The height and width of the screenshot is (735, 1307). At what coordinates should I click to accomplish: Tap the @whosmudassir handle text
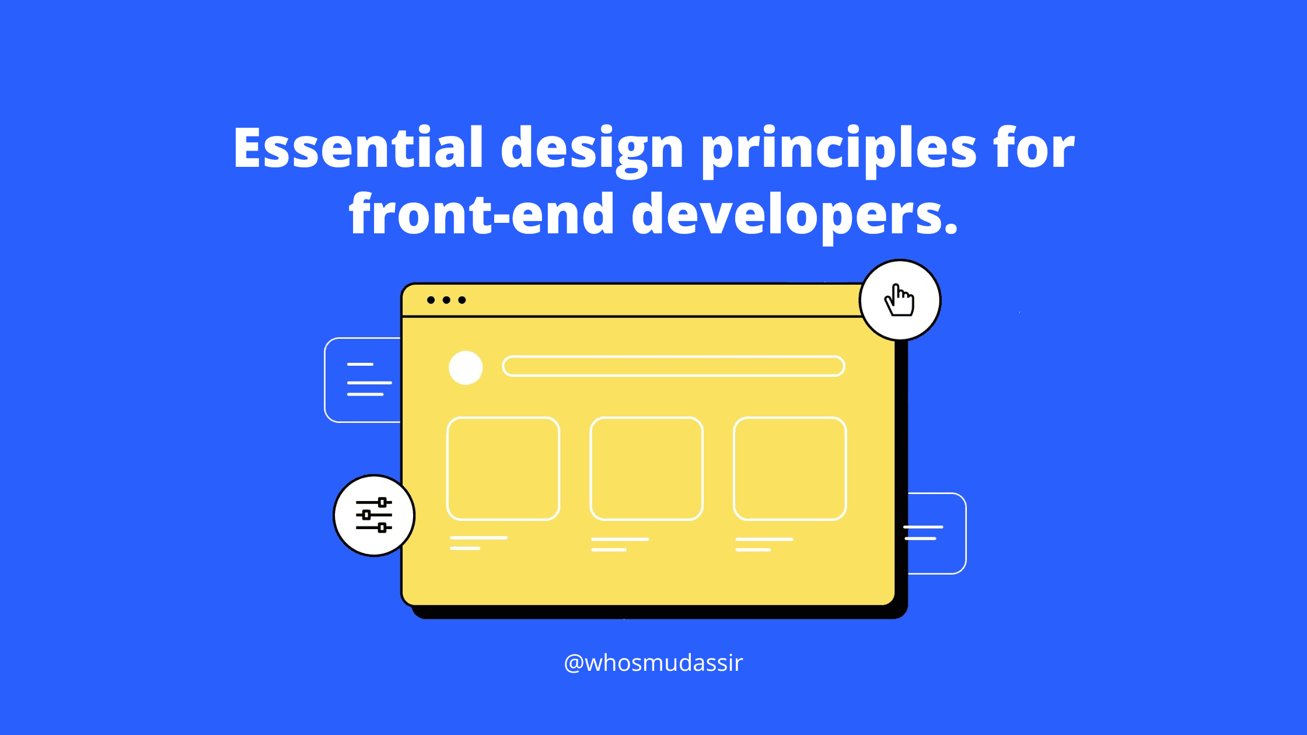pyautogui.click(x=653, y=663)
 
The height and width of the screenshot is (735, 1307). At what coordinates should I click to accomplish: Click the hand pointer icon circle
pyautogui.click(x=900, y=300)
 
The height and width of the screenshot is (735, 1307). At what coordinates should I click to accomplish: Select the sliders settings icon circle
pyautogui.click(x=374, y=515)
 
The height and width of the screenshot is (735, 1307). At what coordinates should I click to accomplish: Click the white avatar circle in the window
pyautogui.click(x=466, y=367)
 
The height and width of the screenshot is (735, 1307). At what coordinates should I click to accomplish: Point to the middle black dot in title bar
pyautogui.click(x=446, y=300)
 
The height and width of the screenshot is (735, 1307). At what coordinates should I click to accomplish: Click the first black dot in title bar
pyautogui.click(x=431, y=300)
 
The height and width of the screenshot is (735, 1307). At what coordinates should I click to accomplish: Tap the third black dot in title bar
pyautogui.click(x=462, y=300)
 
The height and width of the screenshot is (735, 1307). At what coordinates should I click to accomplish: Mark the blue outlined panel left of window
pyautogui.click(x=325, y=380)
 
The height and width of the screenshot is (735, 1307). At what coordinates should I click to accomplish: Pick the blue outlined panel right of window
pyautogui.click(x=966, y=533)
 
